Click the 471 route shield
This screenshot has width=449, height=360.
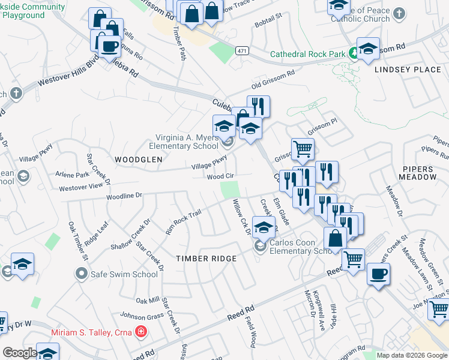pos(242,52)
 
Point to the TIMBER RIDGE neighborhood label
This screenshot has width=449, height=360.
pos(206,258)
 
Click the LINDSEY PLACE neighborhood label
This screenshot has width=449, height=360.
pos(408,70)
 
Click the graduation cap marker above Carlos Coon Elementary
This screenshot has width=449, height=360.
pos(263,227)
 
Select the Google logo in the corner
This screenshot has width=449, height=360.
pos(20,353)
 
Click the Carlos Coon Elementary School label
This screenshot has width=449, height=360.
pos(300,247)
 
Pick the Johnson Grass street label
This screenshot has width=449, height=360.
pos(142,316)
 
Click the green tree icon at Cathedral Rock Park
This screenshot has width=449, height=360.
pos(354,53)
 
